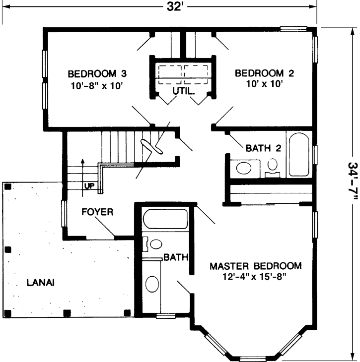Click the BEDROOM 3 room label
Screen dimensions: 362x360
point(97,74)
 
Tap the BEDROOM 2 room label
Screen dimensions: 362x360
point(265,74)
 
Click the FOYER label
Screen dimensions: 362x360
point(97,212)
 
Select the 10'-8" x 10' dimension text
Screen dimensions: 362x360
point(97,85)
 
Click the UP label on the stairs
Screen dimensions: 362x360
point(90,186)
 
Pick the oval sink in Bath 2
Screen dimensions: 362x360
point(244,167)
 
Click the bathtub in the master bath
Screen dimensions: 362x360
point(165,219)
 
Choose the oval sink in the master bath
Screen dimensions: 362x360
point(152,285)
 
